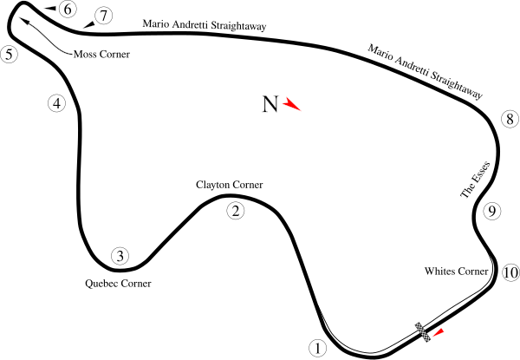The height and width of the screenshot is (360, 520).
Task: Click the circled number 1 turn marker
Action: click(318, 349)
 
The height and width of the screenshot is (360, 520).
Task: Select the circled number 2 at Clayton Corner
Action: click(236, 211)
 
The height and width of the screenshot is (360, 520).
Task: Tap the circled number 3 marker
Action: click(120, 256)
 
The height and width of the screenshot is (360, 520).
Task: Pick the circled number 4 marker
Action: click(57, 103)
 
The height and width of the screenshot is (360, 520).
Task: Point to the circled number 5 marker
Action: click(9, 55)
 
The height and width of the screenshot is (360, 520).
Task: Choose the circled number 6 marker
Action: click(68, 10)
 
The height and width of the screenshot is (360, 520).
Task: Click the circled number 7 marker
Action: click(103, 16)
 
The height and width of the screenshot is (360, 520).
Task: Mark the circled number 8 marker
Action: click(510, 119)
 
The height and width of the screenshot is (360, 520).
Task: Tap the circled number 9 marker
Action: click(491, 211)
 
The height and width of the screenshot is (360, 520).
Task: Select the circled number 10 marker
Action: click(510, 272)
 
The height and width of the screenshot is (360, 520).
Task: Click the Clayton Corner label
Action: click(229, 185)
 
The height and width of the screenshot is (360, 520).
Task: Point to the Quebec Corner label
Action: click(118, 284)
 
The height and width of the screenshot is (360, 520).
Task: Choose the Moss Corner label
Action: click(101, 54)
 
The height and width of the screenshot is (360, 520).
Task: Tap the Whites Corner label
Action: click(457, 271)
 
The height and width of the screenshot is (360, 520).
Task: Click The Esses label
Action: click(475, 180)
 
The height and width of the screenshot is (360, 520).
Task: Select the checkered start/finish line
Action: click(423, 331)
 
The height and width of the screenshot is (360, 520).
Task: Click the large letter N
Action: click(270, 104)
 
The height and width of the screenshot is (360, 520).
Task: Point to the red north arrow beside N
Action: click(291, 104)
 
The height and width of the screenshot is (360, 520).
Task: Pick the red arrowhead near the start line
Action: click(439, 333)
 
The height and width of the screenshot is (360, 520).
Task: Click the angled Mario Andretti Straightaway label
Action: click(425, 72)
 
